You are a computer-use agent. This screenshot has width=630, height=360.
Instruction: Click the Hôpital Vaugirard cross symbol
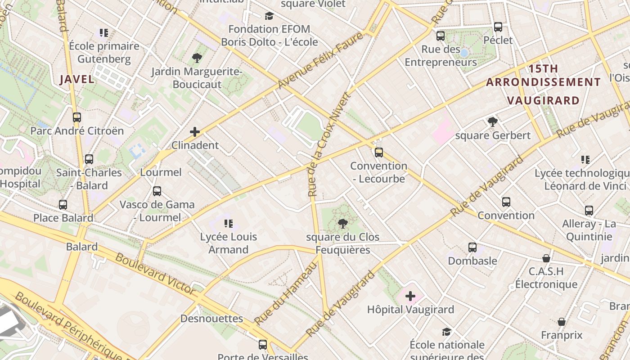pyautogui.click(x=410, y=296)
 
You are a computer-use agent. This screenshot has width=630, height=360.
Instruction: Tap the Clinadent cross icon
pyautogui.click(x=195, y=132)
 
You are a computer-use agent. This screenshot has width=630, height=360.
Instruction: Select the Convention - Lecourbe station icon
pyautogui.click(x=379, y=152)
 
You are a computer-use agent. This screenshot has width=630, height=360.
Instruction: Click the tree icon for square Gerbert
pyautogui.click(x=493, y=121)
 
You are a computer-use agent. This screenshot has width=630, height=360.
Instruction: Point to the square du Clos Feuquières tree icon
pyautogui.click(x=343, y=223)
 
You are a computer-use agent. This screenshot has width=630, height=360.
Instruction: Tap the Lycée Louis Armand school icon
pyautogui.click(x=228, y=223)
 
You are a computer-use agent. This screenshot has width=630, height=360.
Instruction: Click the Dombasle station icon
pyautogui.click(x=472, y=247)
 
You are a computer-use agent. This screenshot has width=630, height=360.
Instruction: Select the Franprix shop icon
pyautogui.click(x=562, y=322)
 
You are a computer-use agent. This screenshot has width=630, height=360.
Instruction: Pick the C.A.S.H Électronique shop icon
pyautogui.click(x=546, y=258)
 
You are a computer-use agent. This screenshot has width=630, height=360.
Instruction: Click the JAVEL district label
pyautogui.click(x=77, y=80)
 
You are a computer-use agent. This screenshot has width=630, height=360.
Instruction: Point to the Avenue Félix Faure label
pyautogui.click(x=320, y=60)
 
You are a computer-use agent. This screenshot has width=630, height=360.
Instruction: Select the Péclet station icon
pyautogui.click(x=498, y=27)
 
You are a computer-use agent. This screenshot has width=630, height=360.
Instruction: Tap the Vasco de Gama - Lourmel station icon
pyautogui.click(x=157, y=191)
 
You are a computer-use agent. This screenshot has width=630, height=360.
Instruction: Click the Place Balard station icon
pyautogui.click(x=63, y=204)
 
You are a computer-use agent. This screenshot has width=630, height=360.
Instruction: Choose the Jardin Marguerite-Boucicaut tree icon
pyautogui.click(x=197, y=58)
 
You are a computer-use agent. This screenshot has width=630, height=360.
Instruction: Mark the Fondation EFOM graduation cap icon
pyautogui.click(x=269, y=16)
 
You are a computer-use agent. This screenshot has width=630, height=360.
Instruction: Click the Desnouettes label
pyautogui.click(x=211, y=319)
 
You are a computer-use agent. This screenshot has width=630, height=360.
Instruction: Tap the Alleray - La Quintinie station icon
pyautogui.click(x=589, y=210)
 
